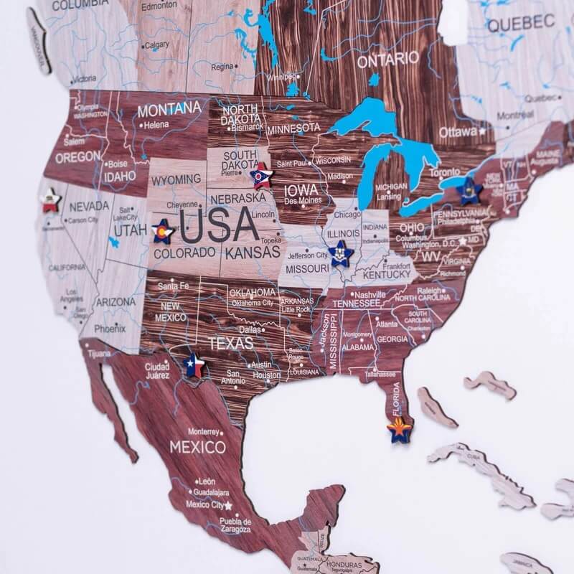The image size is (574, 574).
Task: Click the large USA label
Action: [219, 226]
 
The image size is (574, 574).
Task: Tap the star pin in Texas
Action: [194, 365]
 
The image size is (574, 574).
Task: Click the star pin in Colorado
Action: [164, 232]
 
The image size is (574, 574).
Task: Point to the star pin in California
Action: [50, 200]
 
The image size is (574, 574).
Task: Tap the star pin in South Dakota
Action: [260, 175]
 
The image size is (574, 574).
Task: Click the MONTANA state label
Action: [169, 110]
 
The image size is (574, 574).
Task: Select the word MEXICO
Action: [197, 447]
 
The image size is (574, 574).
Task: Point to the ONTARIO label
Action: [388, 59]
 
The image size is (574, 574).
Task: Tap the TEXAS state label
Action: [230, 343]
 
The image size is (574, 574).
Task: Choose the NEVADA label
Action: [90, 206]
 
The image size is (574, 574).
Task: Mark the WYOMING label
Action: [177, 179]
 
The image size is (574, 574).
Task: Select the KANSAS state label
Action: [253, 253]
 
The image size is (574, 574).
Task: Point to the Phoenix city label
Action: [110, 329]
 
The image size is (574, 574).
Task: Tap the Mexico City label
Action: [204, 504]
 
